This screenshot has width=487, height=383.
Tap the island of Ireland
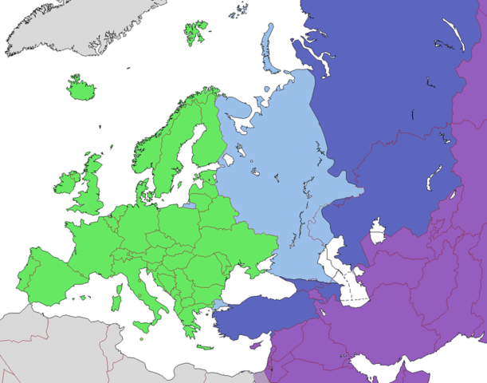coord(66,185)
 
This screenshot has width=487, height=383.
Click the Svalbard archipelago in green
coord(196,32)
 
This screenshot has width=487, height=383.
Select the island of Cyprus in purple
coord(257,345)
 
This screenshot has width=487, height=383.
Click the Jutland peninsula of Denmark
coord(141,191)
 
